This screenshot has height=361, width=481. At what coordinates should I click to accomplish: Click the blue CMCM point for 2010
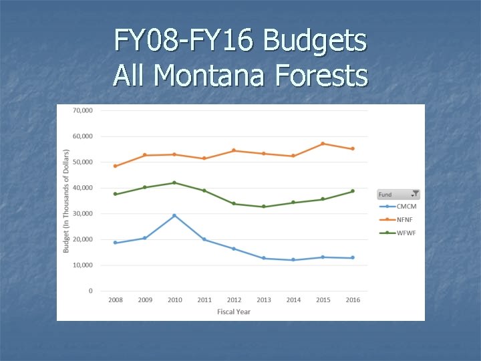click(x=174, y=215)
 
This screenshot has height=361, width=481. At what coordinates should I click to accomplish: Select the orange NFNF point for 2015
click(x=323, y=144)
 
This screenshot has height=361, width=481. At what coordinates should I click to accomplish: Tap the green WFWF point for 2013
click(x=264, y=207)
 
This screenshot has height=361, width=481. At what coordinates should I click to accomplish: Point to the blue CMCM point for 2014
click(x=293, y=260)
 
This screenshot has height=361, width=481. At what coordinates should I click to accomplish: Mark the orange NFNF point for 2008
click(x=115, y=166)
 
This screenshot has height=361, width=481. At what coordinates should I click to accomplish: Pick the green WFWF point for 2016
click(x=353, y=191)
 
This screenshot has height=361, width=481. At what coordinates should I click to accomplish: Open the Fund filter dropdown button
click(x=415, y=194)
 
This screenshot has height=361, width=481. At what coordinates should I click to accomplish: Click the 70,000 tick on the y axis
click(x=82, y=110)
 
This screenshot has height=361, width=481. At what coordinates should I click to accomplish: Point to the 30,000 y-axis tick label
click(x=82, y=214)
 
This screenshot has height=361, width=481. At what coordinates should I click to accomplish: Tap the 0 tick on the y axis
click(x=90, y=291)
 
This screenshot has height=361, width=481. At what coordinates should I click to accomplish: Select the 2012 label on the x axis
click(x=234, y=300)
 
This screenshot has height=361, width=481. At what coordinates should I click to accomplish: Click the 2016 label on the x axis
click(x=353, y=300)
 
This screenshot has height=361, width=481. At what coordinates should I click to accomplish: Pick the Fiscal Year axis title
click(x=234, y=312)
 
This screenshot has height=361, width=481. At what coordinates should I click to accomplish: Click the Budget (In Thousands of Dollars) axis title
click(x=66, y=201)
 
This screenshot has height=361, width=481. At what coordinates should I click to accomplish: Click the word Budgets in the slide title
click(x=315, y=41)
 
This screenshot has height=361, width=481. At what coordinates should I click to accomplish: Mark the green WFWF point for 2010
click(x=174, y=183)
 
